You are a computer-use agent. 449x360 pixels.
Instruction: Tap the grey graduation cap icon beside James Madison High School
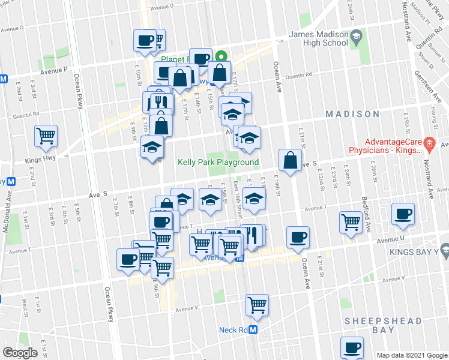coord(356,37)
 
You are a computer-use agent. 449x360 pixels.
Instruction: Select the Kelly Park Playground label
coord(218,162)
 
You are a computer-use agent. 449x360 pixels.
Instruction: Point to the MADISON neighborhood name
coord(352,113)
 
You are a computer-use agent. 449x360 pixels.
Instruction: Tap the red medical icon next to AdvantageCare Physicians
coord(429,143)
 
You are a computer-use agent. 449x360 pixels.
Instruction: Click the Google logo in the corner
coord(20,353)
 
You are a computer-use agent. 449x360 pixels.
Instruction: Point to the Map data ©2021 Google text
coord(411,355)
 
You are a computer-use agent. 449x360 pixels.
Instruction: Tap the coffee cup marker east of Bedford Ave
coord(402,214)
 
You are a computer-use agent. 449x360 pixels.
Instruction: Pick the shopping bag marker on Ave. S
coord(290,160)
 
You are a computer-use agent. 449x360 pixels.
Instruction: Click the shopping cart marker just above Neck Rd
coord(257,304)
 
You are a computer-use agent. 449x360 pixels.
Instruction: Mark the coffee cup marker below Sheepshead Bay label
coord(352,347)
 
